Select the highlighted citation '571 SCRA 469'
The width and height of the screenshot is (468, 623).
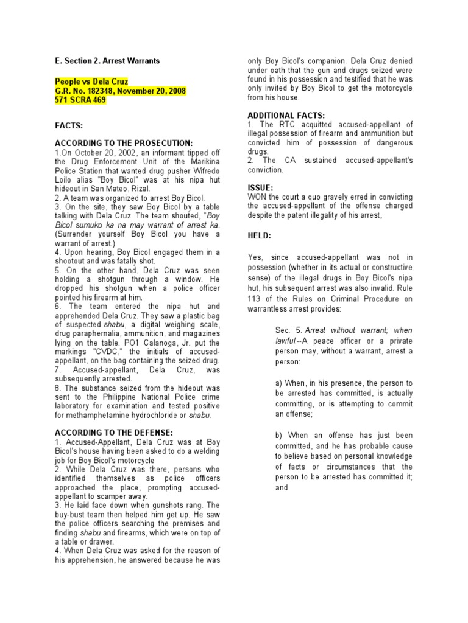click(x=80, y=100)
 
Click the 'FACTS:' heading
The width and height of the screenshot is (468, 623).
click(x=68, y=125)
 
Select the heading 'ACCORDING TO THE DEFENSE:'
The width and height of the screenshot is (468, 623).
click(x=105, y=433)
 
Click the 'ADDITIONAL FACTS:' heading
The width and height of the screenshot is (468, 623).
click(x=286, y=116)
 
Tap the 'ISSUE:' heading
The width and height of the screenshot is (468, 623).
click(x=261, y=188)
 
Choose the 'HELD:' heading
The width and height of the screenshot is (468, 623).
click(x=260, y=235)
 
